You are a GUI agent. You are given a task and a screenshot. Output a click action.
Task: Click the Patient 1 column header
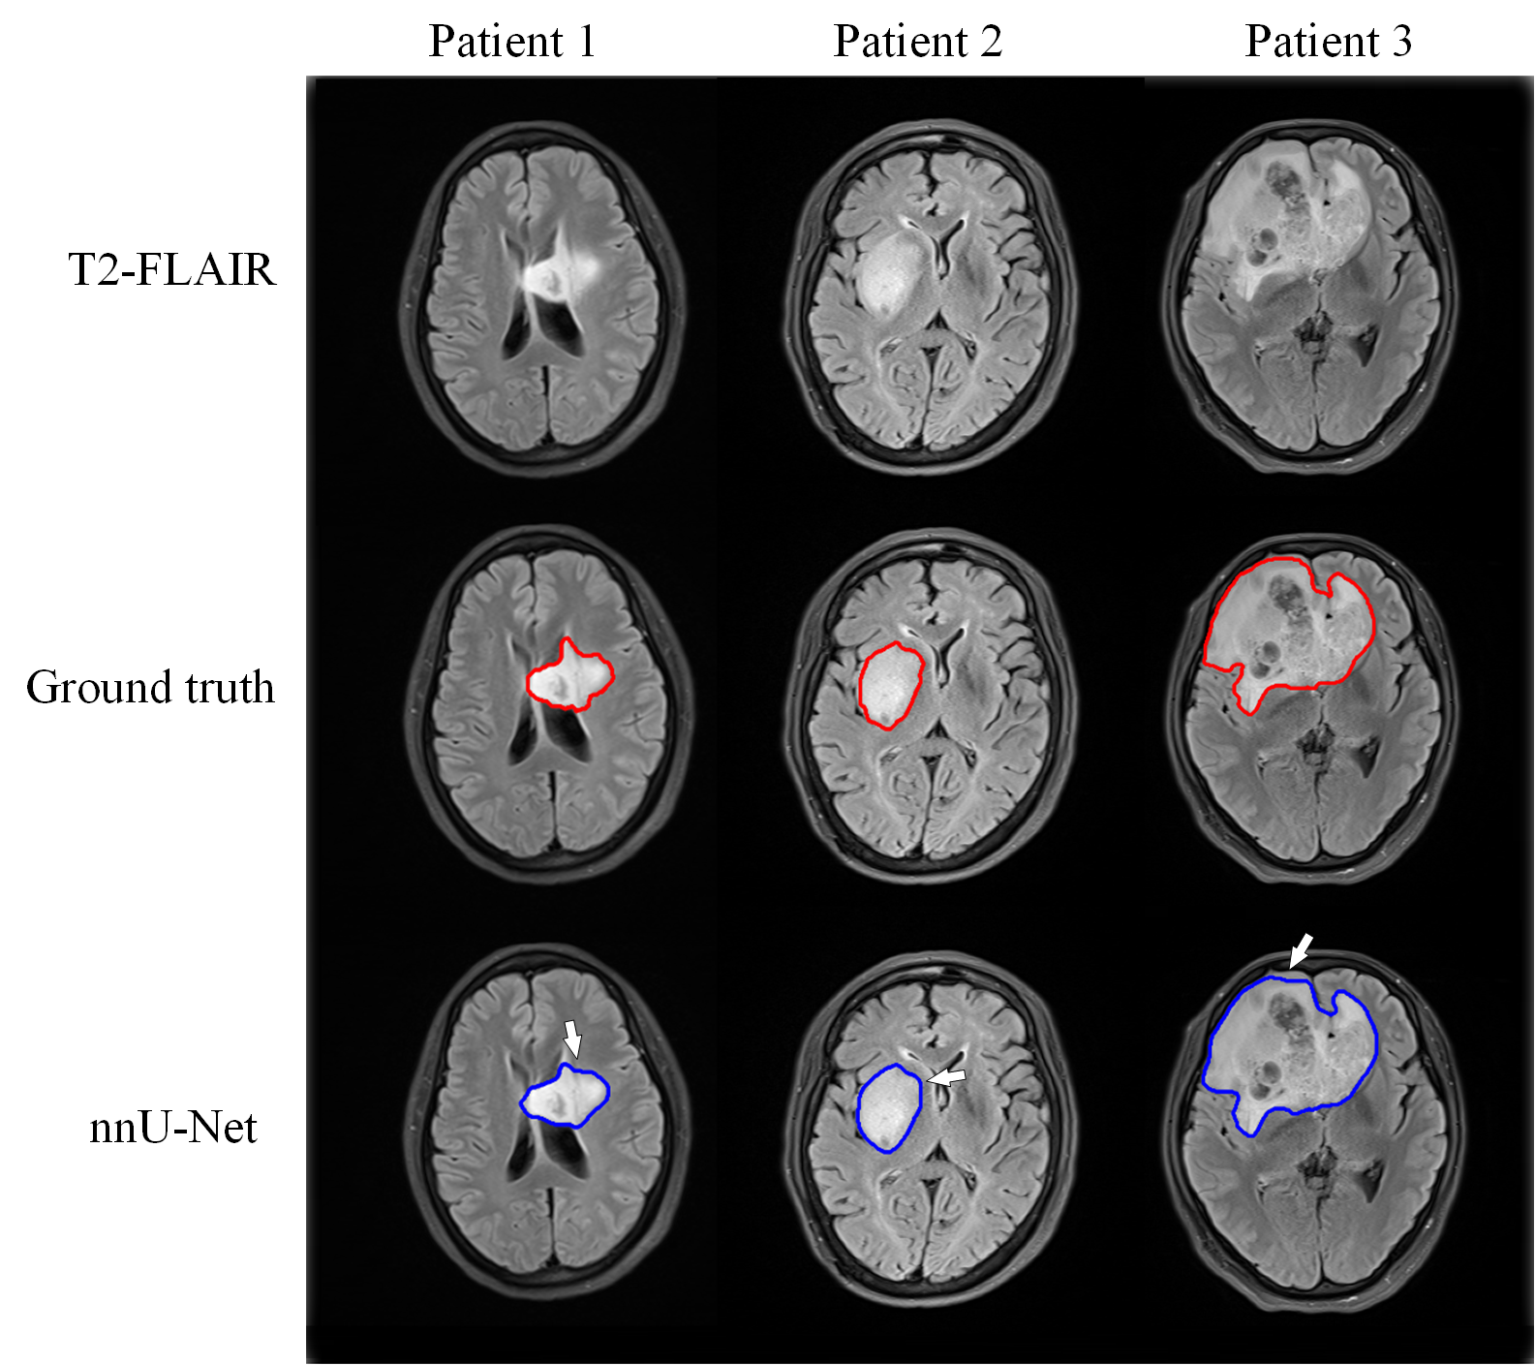pyautogui.click(x=511, y=42)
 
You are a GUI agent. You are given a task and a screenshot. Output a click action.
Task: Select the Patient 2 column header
pyautogui.click(x=917, y=42)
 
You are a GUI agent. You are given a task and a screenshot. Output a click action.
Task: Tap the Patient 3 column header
pyautogui.click(x=1328, y=42)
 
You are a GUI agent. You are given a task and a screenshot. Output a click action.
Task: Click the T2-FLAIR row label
pyautogui.click(x=172, y=269)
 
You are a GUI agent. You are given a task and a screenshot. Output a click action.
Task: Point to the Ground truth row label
pyautogui.click(x=150, y=688)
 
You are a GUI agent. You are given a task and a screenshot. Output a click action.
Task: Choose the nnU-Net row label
pyautogui.click(x=173, y=1128)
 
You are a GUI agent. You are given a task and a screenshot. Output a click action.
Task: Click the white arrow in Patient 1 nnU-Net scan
pyautogui.click(x=572, y=1038)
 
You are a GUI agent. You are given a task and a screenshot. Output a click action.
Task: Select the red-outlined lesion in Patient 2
pyautogui.click(x=890, y=686)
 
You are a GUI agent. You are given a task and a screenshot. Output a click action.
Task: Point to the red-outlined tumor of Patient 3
pyautogui.click(x=1288, y=630)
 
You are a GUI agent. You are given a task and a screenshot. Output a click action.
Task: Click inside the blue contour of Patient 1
pyautogui.click(x=565, y=1097)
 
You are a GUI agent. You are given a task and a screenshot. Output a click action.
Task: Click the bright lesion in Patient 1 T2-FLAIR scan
pyautogui.click(x=550, y=279)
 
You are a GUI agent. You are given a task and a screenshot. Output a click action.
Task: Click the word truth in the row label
pyautogui.click(x=229, y=688)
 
